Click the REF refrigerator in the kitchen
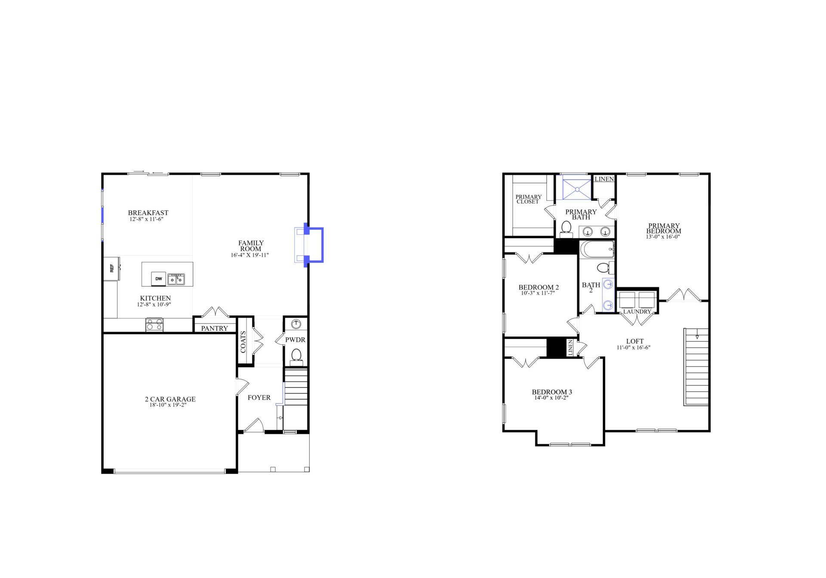pos(111,268)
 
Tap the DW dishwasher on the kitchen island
pos(159,279)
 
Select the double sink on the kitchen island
pos(176,280)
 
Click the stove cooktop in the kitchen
pos(154,324)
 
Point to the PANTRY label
pos(214,329)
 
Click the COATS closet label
pos(243,341)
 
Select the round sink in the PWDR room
pos(296,323)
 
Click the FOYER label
pos(259,398)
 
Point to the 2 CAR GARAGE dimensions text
pos(168,405)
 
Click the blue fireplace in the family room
pos(313,245)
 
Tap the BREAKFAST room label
pos(148,213)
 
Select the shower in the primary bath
pos(577,188)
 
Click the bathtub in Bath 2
pos(597,249)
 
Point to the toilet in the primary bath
pos(566,228)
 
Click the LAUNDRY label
pos(637,312)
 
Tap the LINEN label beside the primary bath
pos(604,179)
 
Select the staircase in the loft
pos(696,367)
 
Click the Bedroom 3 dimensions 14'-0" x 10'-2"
pos(552,398)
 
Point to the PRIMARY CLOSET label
pos(528,199)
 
